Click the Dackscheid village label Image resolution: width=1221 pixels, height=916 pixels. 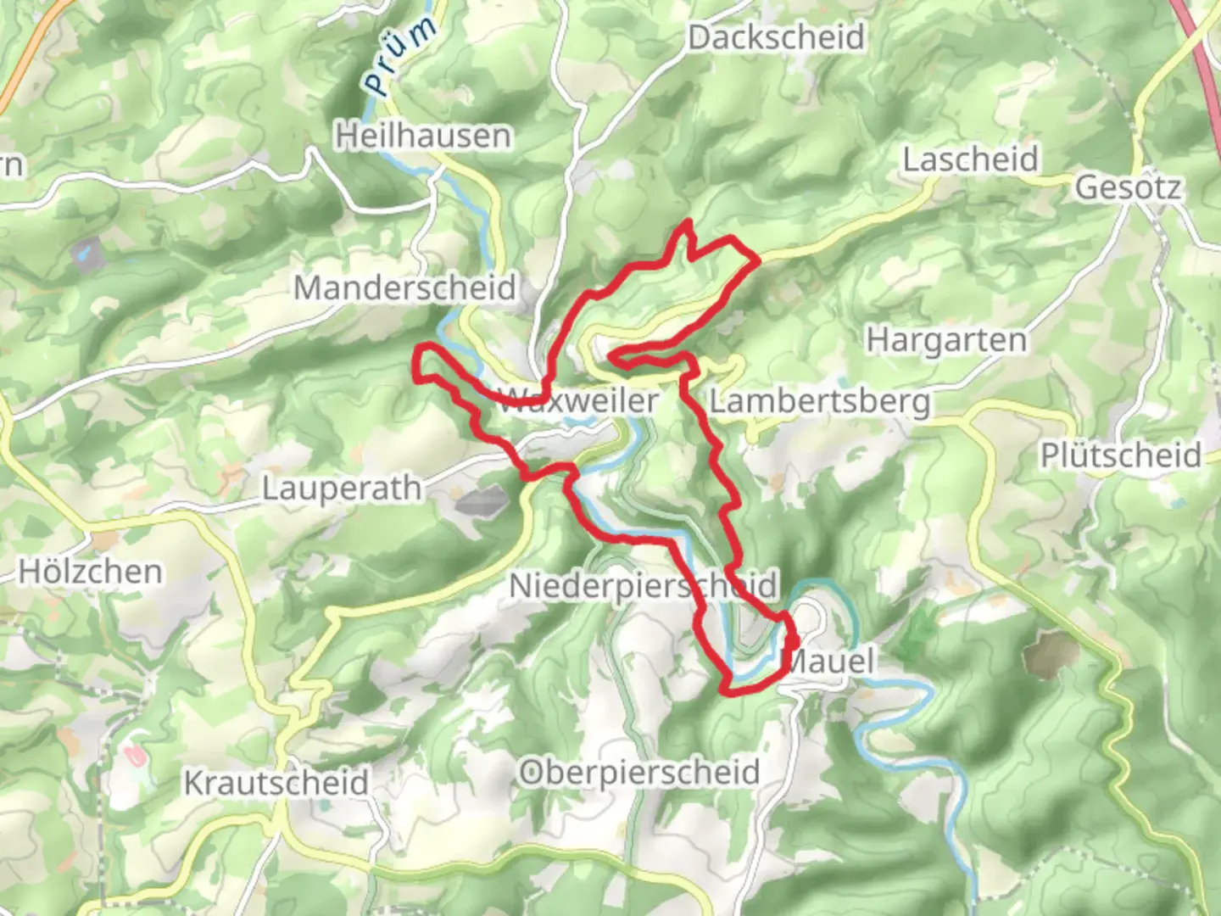(x=776, y=37)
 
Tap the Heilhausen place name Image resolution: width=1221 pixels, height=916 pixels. (x=423, y=136)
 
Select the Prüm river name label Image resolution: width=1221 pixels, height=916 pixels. (x=401, y=55)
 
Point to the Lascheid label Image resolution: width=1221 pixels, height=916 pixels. (x=970, y=159)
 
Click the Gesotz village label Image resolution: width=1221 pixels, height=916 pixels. (x=1128, y=187)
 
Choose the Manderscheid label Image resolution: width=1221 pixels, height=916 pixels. (x=404, y=288)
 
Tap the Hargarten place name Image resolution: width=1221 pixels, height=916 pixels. (x=945, y=340)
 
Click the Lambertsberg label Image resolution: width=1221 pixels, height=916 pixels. (x=819, y=400)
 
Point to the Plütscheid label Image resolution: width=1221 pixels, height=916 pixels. (x=1120, y=455)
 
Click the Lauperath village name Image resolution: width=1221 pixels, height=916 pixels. (x=341, y=489)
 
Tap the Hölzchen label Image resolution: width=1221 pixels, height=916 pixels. (x=90, y=571)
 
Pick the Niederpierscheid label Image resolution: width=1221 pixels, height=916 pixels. (x=642, y=585)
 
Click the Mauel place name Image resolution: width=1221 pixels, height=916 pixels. (x=828, y=661)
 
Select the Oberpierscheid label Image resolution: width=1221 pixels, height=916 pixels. (x=638, y=772)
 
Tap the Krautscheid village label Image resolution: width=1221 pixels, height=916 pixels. (x=276, y=782)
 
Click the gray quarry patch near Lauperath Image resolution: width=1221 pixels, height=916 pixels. (x=482, y=500)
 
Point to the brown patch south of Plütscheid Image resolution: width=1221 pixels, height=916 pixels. (x=1051, y=653)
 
